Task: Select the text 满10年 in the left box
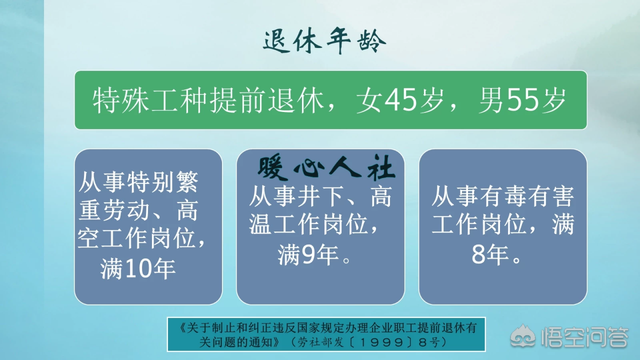click(x=138, y=269)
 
